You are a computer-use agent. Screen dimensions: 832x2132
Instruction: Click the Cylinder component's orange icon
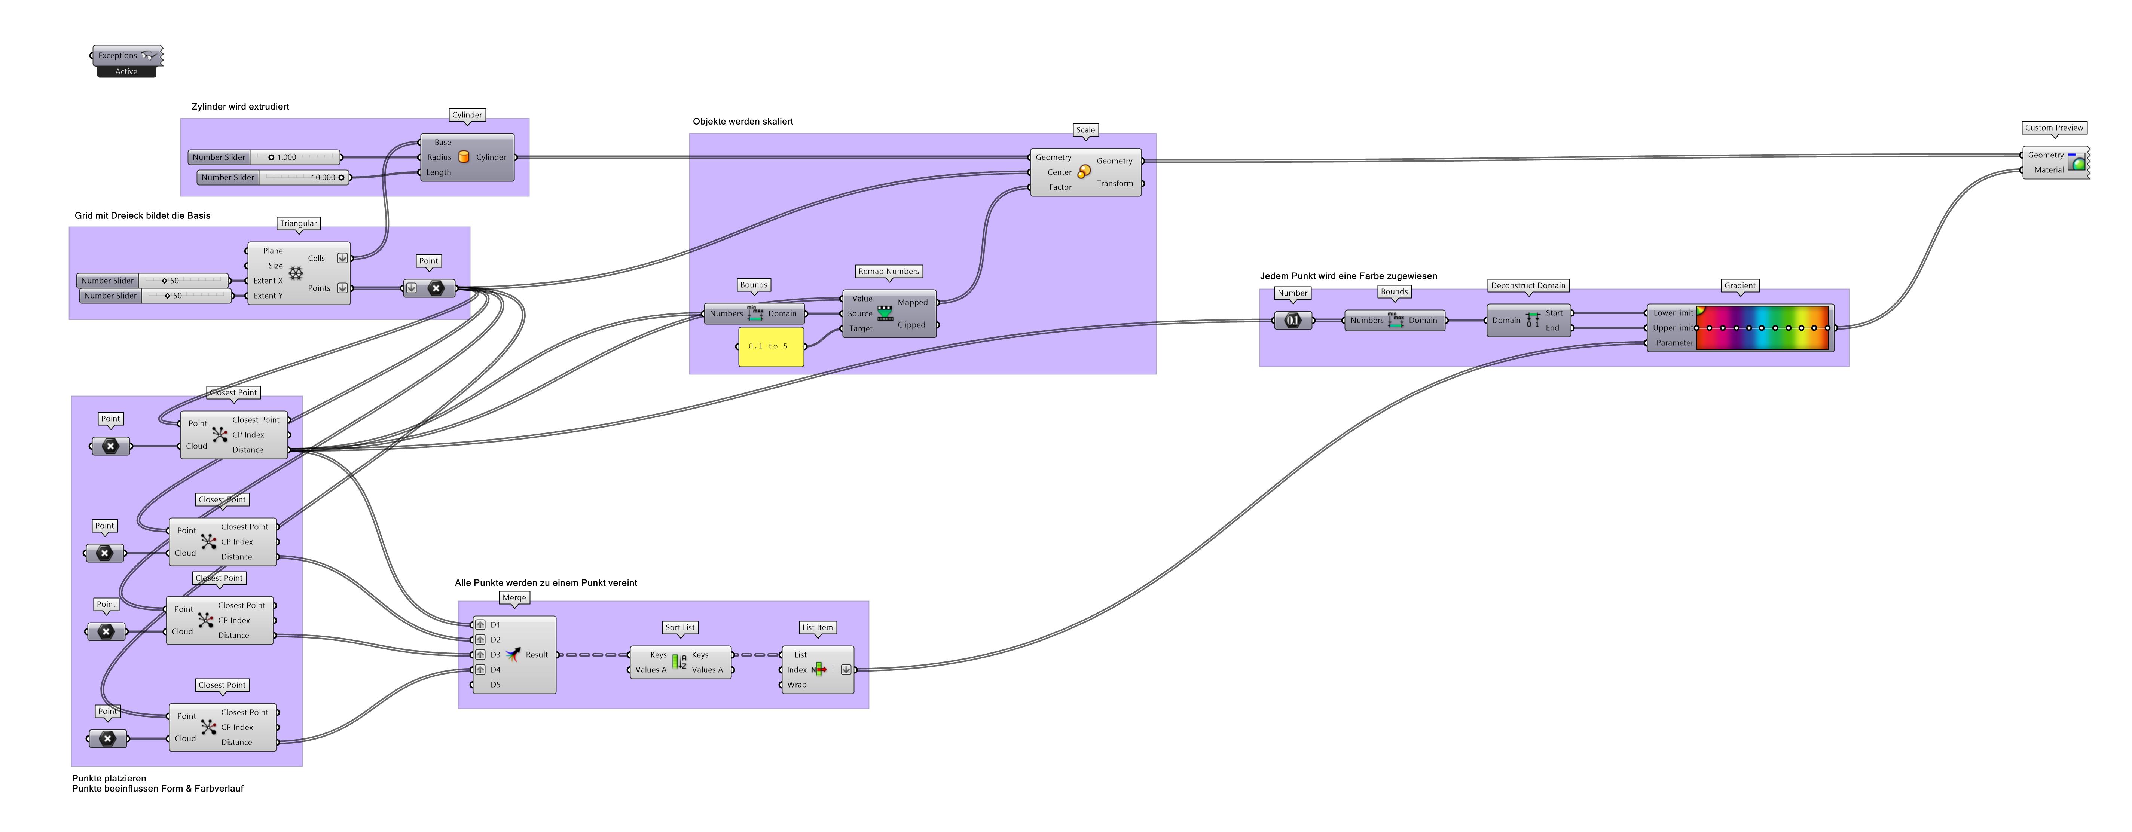[464, 157]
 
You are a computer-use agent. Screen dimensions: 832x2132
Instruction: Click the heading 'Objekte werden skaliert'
[742, 122]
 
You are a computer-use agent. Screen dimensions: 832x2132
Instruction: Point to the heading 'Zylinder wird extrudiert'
[240, 107]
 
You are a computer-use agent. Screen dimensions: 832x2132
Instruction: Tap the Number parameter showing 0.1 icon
[1293, 320]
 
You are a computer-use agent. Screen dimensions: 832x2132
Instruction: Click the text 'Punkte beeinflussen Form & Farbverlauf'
[157, 789]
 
